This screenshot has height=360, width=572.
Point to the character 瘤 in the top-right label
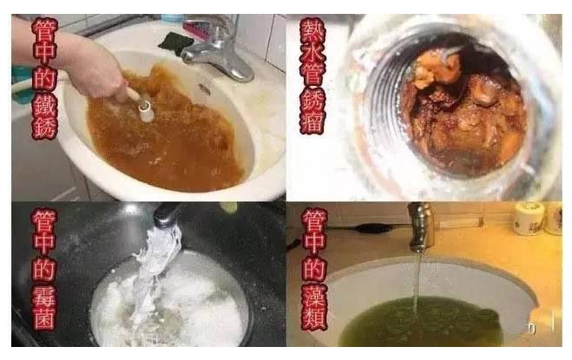[x=312, y=119]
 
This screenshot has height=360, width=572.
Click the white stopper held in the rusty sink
[x=145, y=109]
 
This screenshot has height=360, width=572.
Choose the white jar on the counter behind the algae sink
[x=528, y=218]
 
